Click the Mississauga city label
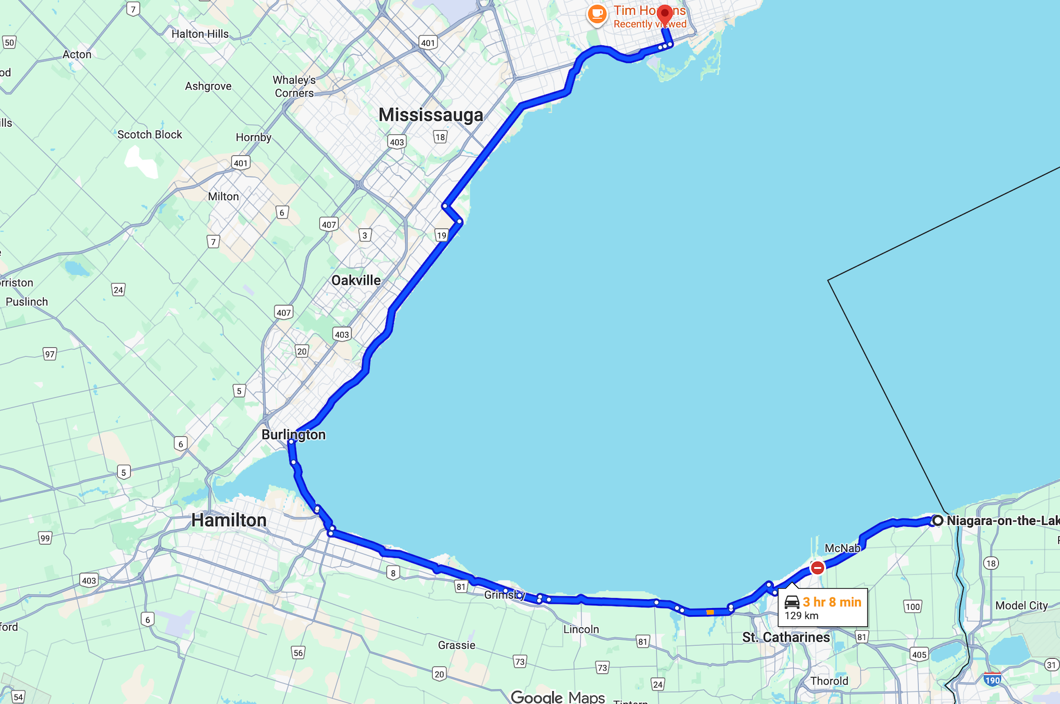coord(430,115)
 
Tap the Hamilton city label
coord(229,520)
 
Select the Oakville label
coord(356,280)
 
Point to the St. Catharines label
coord(786,637)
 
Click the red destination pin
coord(664,14)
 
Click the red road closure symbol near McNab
coord(817,567)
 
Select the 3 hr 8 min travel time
coord(832,602)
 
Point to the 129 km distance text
coord(801,616)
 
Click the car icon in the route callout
coord(792,602)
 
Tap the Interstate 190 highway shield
coord(992,679)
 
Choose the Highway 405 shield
coord(919,655)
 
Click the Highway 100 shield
coord(912,607)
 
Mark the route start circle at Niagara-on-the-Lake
coord(938,520)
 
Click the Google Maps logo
coord(557,697)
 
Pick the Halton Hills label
coord(200,34)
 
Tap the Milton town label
coord(223,197)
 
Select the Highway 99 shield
coord(45,538)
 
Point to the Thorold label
coord(829,681)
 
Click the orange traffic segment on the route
coord(710,612)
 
